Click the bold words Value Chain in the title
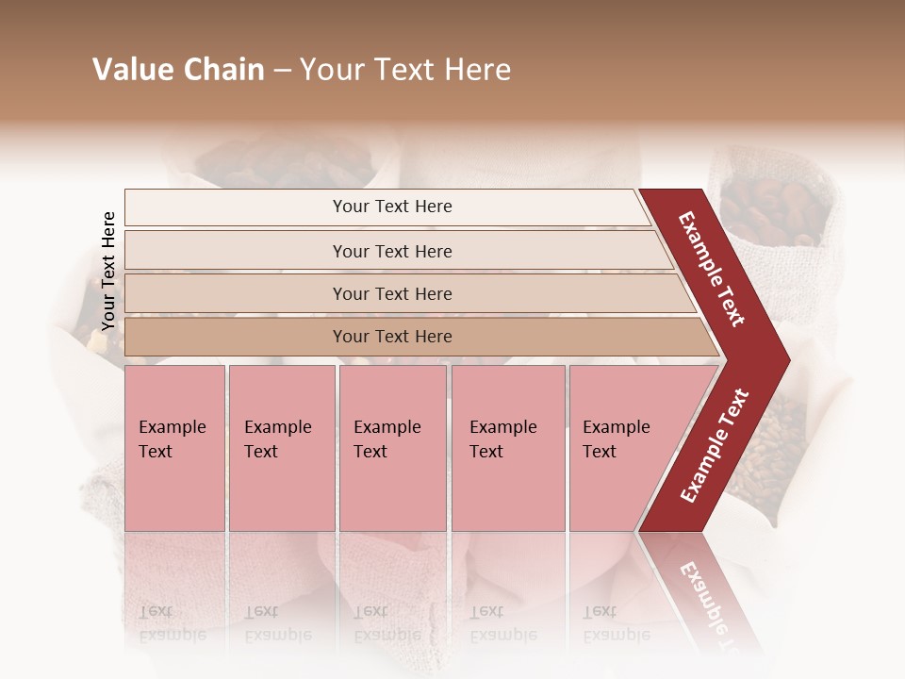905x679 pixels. pos(178,70)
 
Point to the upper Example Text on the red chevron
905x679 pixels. pos(712,269)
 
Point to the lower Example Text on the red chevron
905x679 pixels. pos(715,445)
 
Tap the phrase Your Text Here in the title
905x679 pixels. pos(405,70)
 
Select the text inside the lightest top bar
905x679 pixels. pos(392,207)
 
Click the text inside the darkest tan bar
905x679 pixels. pos(392,337)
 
